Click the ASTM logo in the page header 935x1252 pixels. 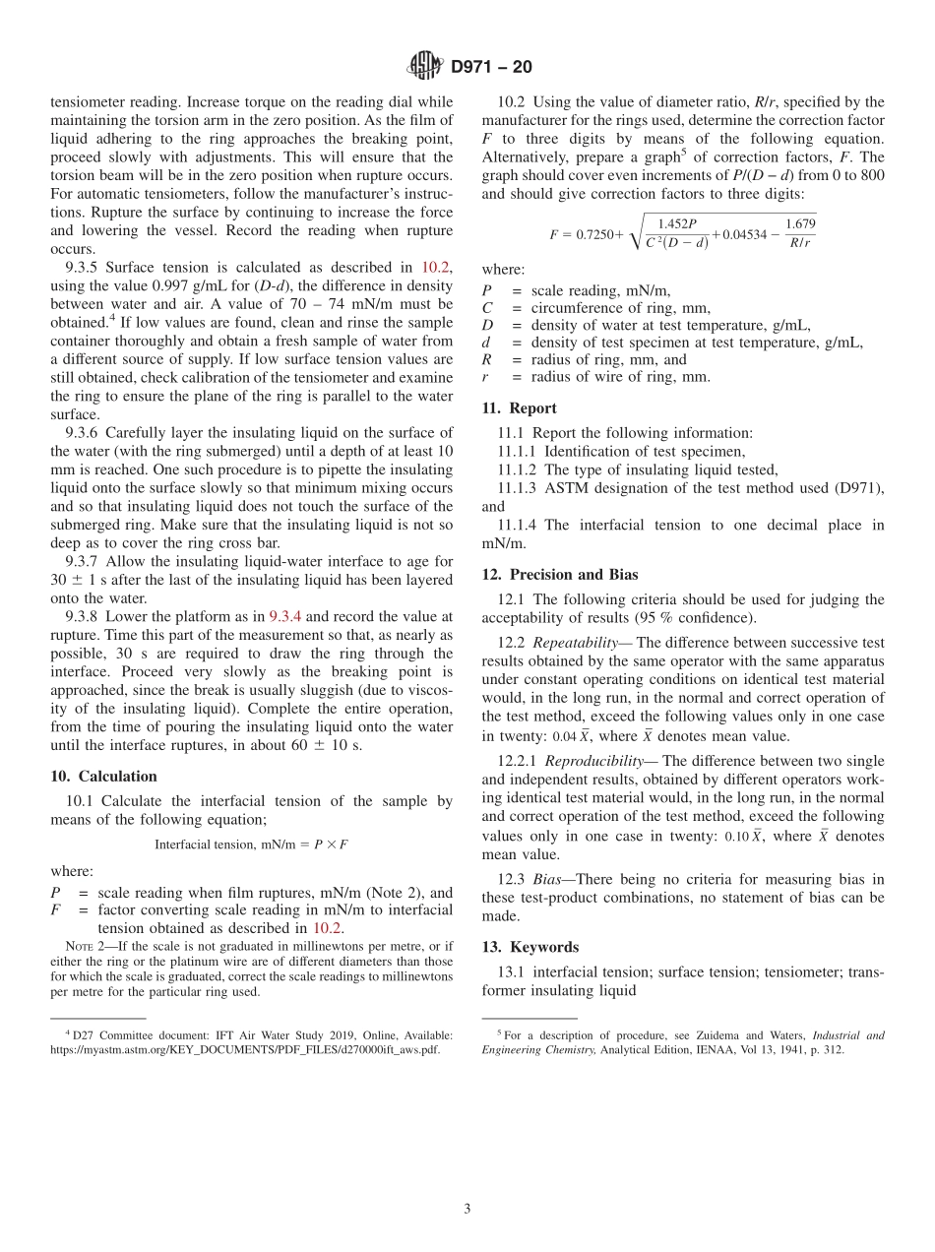coord(425,67)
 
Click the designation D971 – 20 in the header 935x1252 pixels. coord(490,67)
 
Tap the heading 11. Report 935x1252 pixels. coord(519,407)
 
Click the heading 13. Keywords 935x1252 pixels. coord(530,947)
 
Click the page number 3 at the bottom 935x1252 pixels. coord(467,1209)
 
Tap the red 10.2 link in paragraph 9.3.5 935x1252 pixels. coord(436,267)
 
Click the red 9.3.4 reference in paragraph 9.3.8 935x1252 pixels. coord(285,616)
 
